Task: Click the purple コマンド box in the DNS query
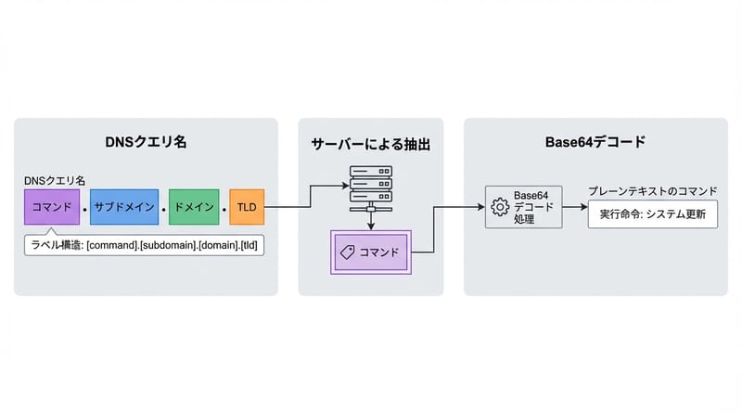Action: [52, 206]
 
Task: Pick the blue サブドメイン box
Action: [123, 206]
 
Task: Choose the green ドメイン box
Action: [194, 206]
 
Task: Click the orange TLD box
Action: [247, 206]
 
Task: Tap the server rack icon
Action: [370, 189]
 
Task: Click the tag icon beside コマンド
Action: [348, 252]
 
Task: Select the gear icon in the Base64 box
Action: [500, 206]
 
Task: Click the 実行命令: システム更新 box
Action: [651, 213]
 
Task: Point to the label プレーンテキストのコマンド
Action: [651, 191]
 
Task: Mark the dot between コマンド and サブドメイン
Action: [84, 208]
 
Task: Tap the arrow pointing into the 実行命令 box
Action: [571, 213]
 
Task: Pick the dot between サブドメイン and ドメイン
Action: [163, 208]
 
